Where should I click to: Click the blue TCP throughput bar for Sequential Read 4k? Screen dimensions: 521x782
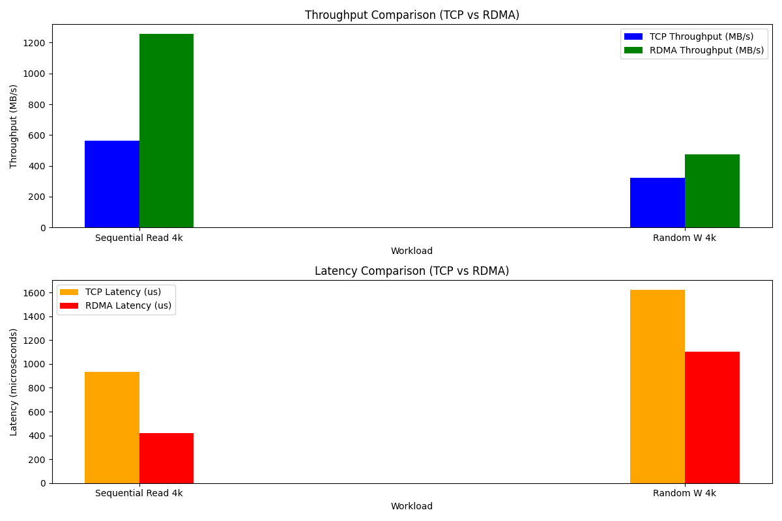point(112,184)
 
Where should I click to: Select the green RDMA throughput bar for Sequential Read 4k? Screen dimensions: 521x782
point(166,131)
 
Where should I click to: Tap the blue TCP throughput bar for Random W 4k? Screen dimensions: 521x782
point(658,203)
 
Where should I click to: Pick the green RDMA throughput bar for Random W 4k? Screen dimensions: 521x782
point(712,191)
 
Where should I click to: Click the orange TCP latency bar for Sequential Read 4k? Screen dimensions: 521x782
point(112,427)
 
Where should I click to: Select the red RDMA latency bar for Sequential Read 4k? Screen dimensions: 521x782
point(166,458)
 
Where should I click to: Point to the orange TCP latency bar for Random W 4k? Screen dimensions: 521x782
point(658,386)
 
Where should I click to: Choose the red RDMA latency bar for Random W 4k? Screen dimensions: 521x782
point(712,417)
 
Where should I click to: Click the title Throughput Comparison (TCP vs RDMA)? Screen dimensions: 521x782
point(412,15)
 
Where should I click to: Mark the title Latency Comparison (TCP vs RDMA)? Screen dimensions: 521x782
point(412,271)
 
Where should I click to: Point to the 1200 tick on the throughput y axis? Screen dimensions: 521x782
point(36,43)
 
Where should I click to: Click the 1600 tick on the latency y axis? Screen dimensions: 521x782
point(36,293)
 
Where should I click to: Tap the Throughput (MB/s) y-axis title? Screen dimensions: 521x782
point(14,126)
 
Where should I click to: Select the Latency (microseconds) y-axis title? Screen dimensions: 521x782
point(14,382)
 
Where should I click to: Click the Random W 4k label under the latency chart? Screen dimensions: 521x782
point(684,493)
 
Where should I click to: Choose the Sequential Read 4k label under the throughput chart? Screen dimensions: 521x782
point(139,238)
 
